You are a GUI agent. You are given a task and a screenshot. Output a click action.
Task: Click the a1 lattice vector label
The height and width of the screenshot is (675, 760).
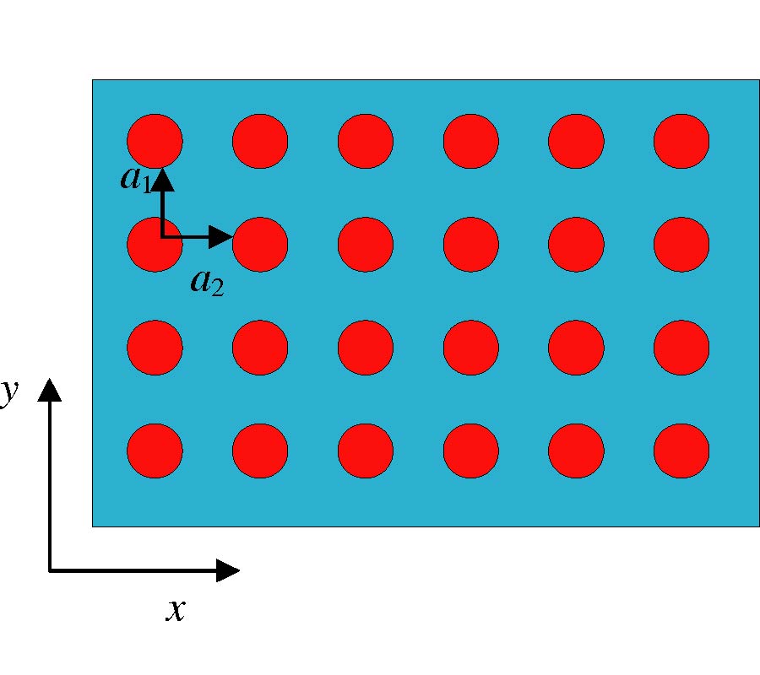136,179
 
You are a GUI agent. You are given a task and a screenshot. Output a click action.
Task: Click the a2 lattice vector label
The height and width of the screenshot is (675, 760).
208,283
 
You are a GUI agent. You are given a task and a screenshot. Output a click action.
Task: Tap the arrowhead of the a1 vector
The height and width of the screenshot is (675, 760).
163,179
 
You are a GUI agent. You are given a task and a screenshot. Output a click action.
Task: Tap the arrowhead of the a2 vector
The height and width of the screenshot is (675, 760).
221,237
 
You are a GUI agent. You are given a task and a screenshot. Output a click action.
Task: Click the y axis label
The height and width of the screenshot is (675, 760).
9,392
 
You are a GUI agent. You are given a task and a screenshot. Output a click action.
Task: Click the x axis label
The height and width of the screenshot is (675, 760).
176,610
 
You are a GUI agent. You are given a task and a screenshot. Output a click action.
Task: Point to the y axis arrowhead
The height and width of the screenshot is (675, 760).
50,391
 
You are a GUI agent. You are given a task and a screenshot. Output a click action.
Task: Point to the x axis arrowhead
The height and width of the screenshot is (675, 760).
228,570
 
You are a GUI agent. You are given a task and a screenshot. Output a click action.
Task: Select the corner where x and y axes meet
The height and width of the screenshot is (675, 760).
50,571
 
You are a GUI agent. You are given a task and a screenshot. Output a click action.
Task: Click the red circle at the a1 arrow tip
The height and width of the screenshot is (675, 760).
155,142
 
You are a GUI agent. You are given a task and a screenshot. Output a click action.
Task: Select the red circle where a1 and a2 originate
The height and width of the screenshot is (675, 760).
155,245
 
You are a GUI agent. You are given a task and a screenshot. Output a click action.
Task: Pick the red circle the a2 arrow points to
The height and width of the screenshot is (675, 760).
260,245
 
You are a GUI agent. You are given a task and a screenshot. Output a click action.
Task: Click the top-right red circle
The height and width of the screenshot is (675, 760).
681,142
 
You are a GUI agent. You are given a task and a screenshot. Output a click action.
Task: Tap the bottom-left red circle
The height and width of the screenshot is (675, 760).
155,451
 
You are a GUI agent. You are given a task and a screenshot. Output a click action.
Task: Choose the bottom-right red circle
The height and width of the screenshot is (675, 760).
681,451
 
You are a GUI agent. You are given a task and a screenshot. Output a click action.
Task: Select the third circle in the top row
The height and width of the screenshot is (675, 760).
366,142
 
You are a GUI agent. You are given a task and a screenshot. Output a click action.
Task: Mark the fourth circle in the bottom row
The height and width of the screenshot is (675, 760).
470,451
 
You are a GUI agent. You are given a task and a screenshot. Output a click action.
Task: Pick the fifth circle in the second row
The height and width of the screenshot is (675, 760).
576,245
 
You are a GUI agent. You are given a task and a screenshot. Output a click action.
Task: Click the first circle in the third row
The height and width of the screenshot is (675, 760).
155,348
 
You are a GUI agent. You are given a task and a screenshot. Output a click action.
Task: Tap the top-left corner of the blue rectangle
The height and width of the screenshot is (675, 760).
93,80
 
